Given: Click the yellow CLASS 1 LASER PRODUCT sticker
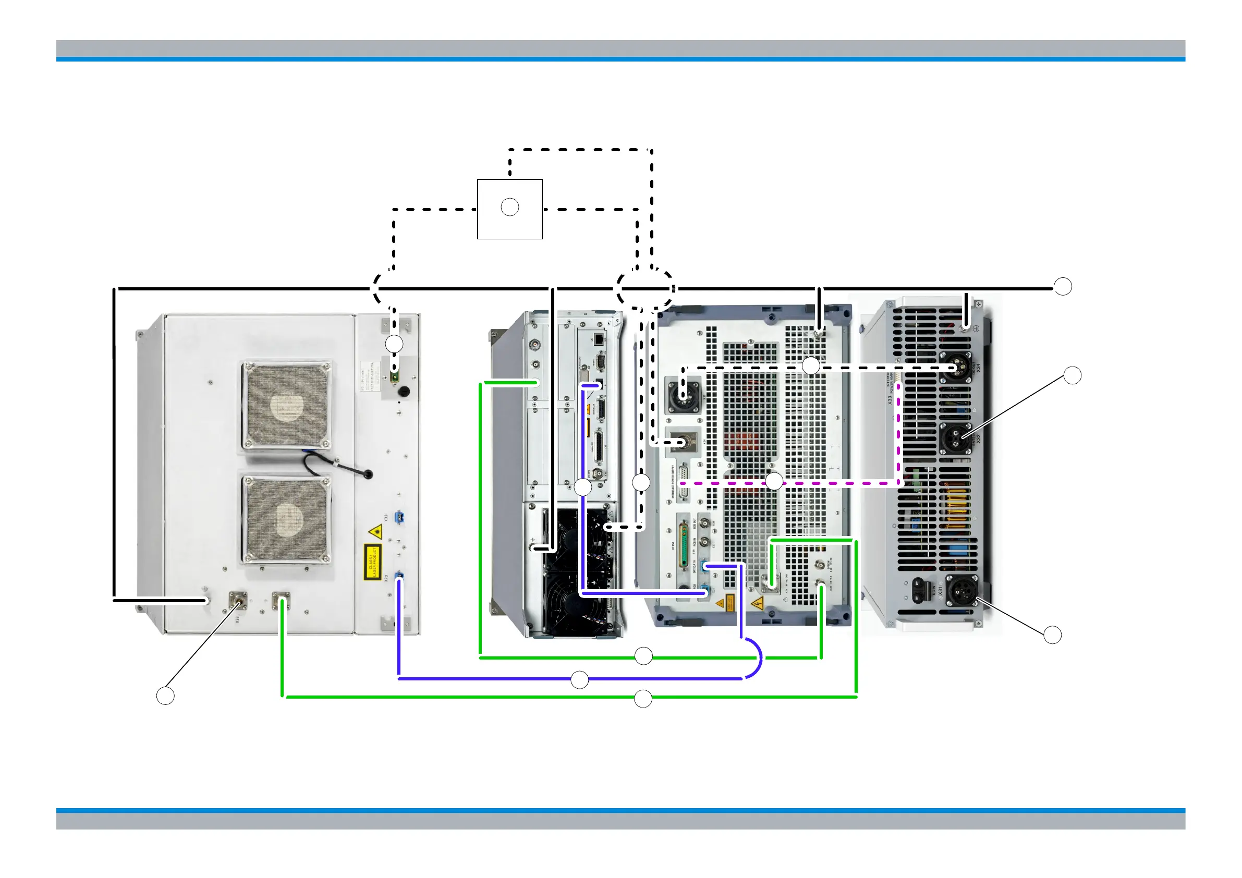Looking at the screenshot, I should pos(372,561).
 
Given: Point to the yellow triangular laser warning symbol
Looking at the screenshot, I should pos(375,532).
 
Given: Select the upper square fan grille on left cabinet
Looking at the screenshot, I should pos(286,406).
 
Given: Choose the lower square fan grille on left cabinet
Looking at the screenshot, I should pos(286,520).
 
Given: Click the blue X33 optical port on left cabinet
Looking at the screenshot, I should pos(400,517).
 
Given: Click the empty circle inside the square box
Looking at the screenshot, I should pos(509,207).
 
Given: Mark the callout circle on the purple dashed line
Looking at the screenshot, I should pos(774,481).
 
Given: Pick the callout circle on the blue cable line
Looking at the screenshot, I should pos(579,680).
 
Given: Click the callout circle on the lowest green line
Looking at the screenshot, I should pos(642,699).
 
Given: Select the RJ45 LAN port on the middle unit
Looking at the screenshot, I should pos(599,339).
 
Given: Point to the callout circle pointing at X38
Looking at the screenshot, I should pos(165,696).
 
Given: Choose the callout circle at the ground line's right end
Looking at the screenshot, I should pos(1063,287).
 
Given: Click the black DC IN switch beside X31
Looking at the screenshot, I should pos(920,590).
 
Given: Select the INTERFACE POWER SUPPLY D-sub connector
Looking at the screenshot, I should pos(684,481).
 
